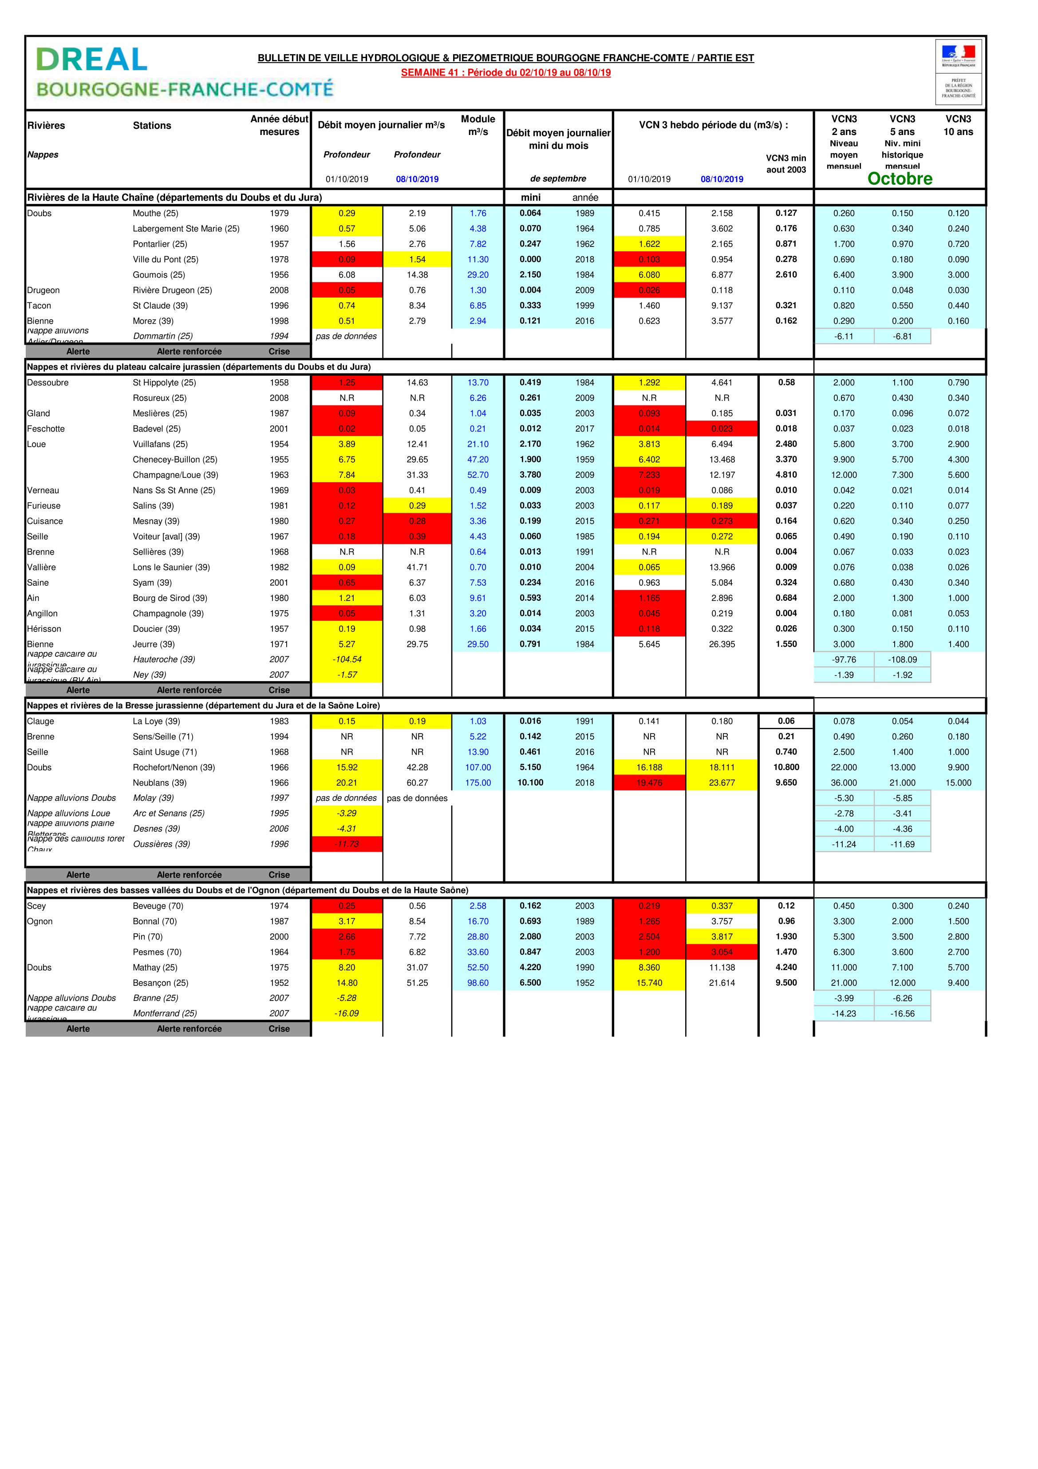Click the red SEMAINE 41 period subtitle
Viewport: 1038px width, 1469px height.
tap(505, 72)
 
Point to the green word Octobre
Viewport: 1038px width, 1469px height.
tap(899, 179)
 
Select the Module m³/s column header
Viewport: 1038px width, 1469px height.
tap(478, 125)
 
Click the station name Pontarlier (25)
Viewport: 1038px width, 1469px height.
tap(160, 244)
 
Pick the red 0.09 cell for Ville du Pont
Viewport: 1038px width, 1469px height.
tap(347, 259)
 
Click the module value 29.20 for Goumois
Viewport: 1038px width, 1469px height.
tap(478, 274)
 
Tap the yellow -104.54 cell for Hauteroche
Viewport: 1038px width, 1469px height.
tap(347, 659)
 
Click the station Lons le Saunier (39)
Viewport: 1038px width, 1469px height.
tap(166, 567)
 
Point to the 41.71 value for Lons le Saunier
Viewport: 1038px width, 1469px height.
tap(417, 567)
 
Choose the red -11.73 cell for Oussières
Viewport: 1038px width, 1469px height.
tap(347, 844)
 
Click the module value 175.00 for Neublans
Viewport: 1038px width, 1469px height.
tap(478, 782)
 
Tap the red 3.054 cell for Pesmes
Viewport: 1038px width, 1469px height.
tap(722, 952)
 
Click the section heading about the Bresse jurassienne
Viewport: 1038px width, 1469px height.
tap(203, 705)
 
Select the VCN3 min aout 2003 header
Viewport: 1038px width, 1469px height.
tap(786, 164)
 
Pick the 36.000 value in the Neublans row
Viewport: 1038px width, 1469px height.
tap(844, 782)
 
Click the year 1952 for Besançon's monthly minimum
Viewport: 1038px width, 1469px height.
tap(584, 983)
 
